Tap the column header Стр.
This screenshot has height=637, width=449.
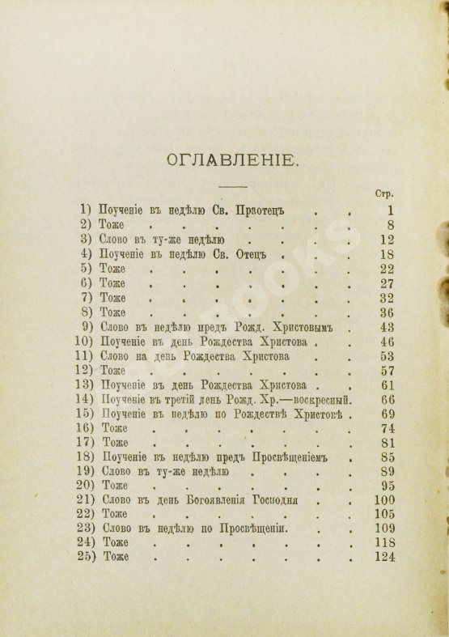point(384,194)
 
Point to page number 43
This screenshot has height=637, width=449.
point(387,327)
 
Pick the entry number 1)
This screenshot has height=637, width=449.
point(87,210)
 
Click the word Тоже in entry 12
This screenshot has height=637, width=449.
point(115,370)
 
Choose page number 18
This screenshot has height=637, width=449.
point(387,253)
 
